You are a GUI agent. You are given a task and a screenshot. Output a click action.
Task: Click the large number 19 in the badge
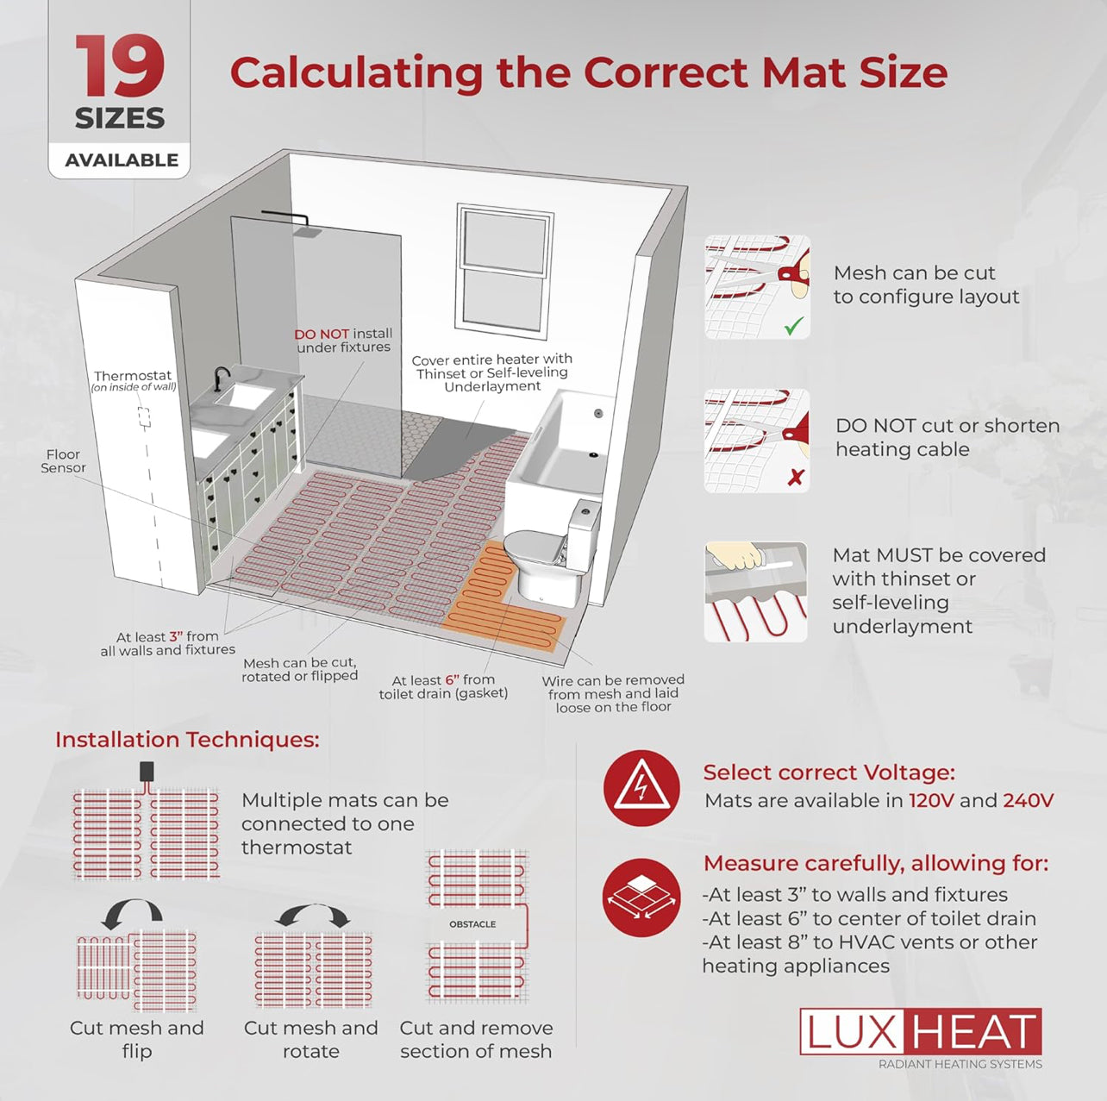click(120, 66)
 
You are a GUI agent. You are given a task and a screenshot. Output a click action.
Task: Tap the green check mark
click(794, 327)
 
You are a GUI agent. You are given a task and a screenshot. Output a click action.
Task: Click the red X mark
click(795, 477)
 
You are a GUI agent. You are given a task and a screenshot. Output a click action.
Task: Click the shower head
click(303, 230)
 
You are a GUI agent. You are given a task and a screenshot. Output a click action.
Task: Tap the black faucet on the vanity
click(220, 379)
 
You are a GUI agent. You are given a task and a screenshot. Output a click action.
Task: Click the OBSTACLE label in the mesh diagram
click(472, 924)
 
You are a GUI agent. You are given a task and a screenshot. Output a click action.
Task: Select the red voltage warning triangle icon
click(641, 788)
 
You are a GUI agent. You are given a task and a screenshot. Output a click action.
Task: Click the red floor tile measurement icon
click(641, 897)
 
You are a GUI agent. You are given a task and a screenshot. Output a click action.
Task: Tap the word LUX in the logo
click(852, 1031)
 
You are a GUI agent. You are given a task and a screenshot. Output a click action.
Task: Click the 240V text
click(1028, 800)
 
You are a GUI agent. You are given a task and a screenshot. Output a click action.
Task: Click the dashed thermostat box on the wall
click(144, 418)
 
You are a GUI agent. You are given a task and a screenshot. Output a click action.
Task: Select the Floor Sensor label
click(63, 461)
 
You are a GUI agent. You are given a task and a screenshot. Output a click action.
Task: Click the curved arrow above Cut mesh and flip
click(131, 913)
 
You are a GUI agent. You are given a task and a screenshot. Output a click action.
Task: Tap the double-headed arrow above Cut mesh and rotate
click(312, 914)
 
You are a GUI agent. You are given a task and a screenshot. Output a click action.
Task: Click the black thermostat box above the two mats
click(147, 771)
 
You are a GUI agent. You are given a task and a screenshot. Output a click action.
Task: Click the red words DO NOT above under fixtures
click(321, 334)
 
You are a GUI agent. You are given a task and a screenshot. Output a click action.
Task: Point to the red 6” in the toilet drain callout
click(452, 679)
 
